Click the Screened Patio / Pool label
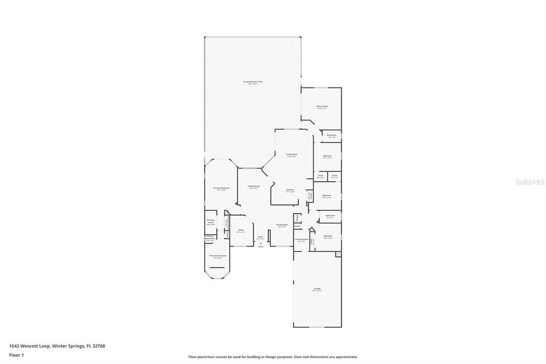[253, 82]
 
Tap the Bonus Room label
[322, 106]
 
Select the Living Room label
[291, 154]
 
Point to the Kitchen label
[290, 190]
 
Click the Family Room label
[253, 186]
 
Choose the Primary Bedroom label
[221, 188]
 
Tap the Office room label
[241, 230]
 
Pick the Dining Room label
[282, 225]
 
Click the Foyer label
[261, 236]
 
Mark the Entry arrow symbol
[261, 243]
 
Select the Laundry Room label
[302, 239]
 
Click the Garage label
[317, 289]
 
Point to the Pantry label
[310, 196]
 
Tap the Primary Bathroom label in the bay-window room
[218, 256]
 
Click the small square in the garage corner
[338, 254]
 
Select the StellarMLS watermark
[529, 182]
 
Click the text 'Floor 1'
[17, 354]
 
